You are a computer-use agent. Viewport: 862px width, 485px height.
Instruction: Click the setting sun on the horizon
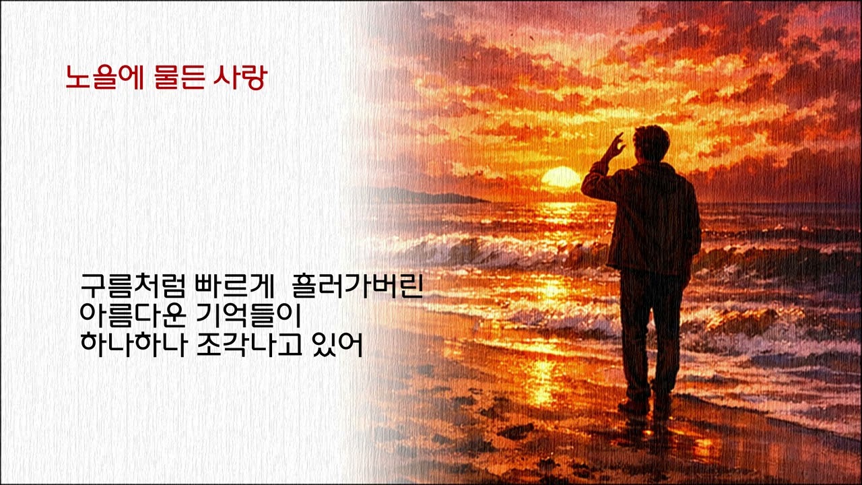click(560, 178)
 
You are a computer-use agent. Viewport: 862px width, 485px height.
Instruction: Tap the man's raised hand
click(615, 145)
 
